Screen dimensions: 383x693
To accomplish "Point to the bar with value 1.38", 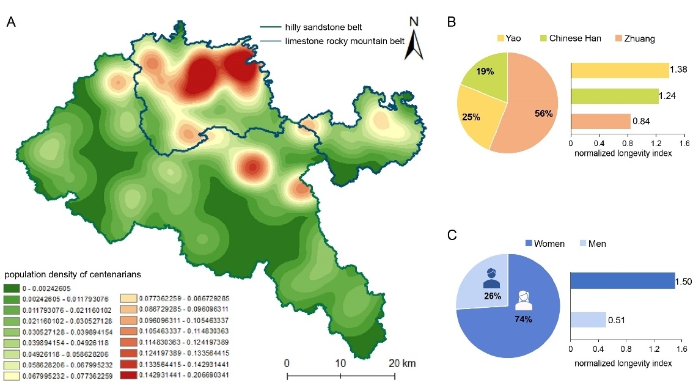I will coord(619,71).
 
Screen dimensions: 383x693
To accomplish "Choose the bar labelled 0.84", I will coord(600,122).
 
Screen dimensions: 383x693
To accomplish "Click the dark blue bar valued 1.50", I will coord(622,281).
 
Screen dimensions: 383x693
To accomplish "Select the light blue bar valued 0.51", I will coord(588,319).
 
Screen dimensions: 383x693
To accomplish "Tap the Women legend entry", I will coord(546,244).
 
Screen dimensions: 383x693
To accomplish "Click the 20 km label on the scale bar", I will coord(405,363).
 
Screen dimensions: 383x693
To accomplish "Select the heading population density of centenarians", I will coord(73,274).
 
